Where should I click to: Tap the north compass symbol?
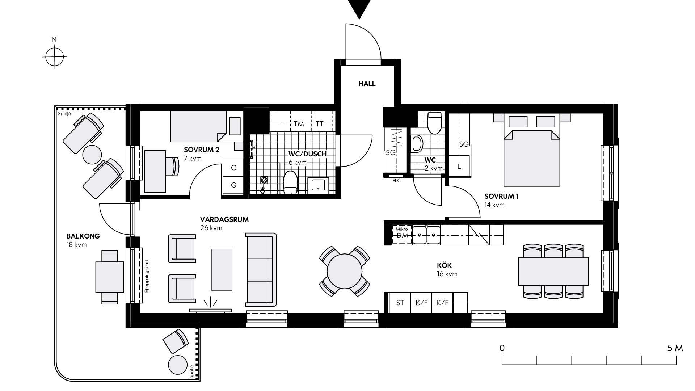point(55,56)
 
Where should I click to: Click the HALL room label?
point(367,84)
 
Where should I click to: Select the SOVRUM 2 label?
point(202,150)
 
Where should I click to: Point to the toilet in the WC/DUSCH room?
point(290,182)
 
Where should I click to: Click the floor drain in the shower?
point(264,180)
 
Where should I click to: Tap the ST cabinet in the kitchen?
point(400,303)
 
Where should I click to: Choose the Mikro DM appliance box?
point(402,234)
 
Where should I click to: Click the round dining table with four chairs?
point(345,271)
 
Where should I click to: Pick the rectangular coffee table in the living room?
point(222,269)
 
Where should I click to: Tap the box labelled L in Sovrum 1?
point(459,167)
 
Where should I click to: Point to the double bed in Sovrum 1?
point(531,150)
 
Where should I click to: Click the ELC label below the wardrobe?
point(396,181)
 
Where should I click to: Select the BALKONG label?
point(83,236)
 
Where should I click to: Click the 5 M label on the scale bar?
point(675,348)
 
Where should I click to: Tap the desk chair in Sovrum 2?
point(173,166)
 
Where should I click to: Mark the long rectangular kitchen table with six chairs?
point(553,271)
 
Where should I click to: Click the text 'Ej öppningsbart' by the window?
point(147,276)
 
